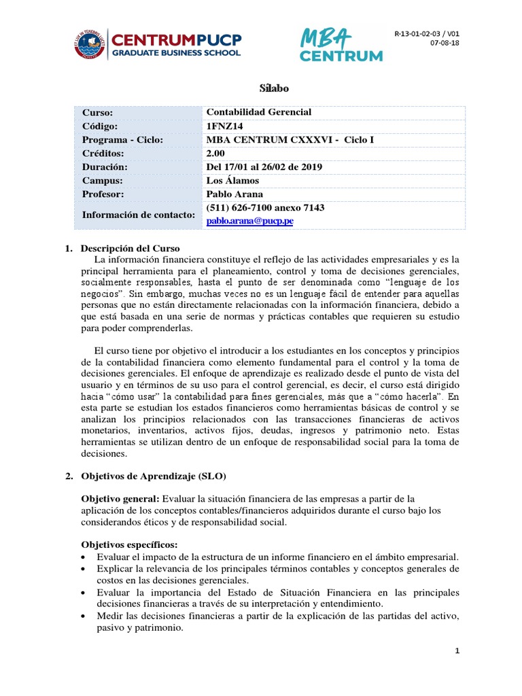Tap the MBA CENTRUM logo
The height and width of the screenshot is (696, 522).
point(342,45)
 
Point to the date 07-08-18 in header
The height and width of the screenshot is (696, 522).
point(445,44)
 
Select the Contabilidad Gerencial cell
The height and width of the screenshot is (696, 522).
point(258,112)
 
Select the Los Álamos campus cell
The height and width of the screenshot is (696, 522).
point(232,181)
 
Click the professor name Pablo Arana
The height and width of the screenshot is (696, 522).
point(234,194)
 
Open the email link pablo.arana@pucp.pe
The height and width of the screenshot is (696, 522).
point(249,221)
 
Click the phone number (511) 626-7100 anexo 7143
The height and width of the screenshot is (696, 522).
point(264,208)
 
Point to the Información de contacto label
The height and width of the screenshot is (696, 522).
point(139,215)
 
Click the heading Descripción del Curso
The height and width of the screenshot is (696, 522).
point(130,247)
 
